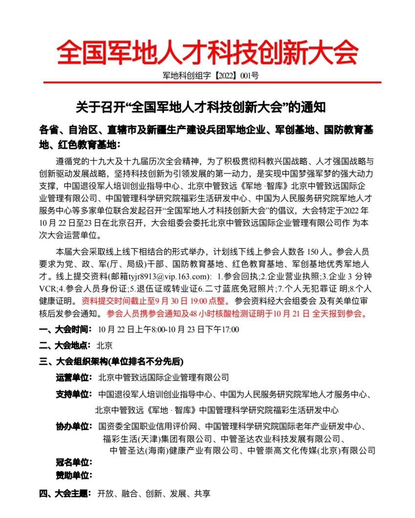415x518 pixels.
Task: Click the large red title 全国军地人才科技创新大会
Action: tap(207, 51)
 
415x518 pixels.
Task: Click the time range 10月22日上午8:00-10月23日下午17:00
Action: tap(169, 329)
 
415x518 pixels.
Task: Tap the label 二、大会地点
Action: tap(65, 345)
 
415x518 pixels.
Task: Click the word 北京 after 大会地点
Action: tap(105, 345)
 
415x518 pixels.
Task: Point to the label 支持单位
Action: tap(74, 394)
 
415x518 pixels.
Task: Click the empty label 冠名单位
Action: tap(74, 462)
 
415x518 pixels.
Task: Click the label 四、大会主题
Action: tap(65, 494)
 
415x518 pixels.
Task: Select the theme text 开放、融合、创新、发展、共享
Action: tap(154, 494)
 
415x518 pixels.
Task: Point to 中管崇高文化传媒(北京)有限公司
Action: tap(311, 450)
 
